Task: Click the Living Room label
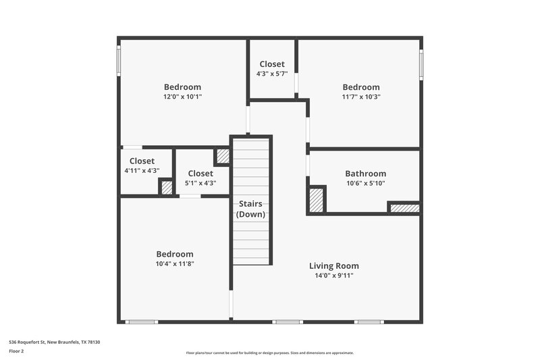(x=333, y=265)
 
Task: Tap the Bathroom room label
(x=365, y=174)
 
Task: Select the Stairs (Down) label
(x=250, y=209)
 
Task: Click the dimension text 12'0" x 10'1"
(x=182, y=97)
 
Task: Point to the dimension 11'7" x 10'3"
(x=360, y=97)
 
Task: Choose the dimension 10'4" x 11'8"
(x=174, y=263)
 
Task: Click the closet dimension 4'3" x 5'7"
(x=272, y=74)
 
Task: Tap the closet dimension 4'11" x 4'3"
(x=142, y=171)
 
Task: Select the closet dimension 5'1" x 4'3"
(x=200, y=182)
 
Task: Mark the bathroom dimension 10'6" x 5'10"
(x=365, y=183)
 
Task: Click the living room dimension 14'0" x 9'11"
(x=333, y=275)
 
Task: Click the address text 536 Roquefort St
(x=54, y=342)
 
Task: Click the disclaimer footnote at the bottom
(x=269, y=353)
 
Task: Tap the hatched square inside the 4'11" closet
(x=167, y=187)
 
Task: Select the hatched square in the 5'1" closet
(x=222, y=157)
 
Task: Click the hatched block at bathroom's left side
(x=316, y=200)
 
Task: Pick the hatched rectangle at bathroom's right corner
(x=404, y=208)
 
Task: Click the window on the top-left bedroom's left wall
(x=119, y=61)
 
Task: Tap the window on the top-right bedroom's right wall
(x=421, y=65)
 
